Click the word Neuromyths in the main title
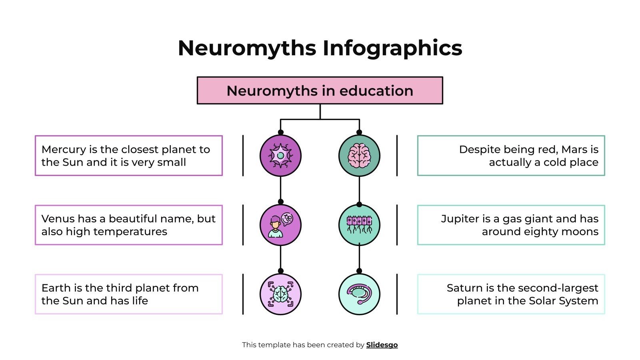247,48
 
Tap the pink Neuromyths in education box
320,91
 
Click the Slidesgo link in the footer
382,345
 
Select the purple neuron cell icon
280,156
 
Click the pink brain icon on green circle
359,156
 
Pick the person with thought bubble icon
280,225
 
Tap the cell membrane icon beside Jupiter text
359,225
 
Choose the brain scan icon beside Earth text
280,294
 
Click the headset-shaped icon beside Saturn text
359,294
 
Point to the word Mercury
64,150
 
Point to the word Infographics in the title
392,48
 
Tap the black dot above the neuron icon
280,132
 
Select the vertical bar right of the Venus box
243,225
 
